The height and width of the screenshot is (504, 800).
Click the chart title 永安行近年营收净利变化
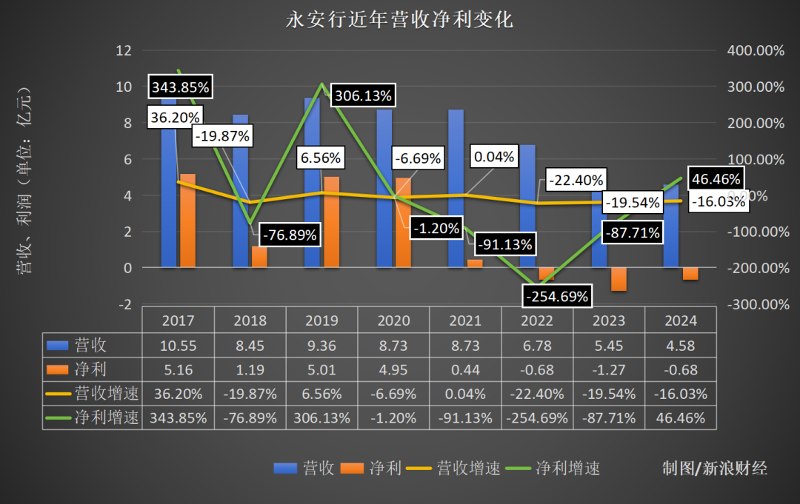point(399,20)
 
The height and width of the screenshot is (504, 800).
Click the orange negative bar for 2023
point(619,279)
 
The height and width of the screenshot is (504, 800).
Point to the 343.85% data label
point(181,87)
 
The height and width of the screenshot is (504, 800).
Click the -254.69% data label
point(557,297)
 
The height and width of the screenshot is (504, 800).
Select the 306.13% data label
point(363,96)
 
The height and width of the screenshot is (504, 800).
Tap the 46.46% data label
point(715,179)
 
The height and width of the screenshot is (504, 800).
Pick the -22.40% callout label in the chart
point(576,179)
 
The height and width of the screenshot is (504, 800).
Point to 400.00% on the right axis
point(755,50)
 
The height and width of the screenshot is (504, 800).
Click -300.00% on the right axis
point(755,304)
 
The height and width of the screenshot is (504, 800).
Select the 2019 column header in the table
point(321,320)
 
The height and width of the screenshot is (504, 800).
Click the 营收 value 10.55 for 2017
point(178,345)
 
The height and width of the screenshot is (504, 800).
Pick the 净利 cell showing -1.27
point(608,369)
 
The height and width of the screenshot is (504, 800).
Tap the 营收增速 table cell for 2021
point(464,393)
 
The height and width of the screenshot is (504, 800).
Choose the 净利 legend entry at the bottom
point(374,468)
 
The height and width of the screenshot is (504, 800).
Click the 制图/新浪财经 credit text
point(715,468)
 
